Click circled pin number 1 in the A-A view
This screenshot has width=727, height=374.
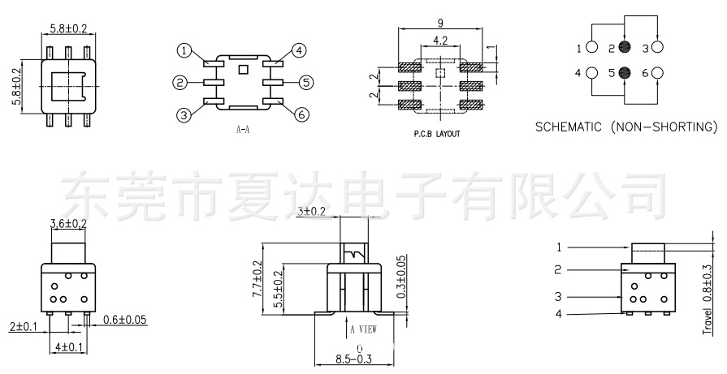(185, 51)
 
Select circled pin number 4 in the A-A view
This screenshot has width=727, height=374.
(300, 51)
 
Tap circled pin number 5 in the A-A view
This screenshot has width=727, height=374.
(305, 82)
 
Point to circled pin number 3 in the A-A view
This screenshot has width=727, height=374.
(185, 114)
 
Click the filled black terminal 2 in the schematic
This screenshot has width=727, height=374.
(624, 48)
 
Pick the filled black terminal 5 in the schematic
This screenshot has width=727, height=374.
(624, 73)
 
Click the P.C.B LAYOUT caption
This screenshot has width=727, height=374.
(436, 134)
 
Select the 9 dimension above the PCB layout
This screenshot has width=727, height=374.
(439, 24)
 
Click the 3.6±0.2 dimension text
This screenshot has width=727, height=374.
(69, 223)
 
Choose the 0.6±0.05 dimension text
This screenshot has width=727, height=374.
(125, 320)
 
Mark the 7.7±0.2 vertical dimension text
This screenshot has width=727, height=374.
(257, 278)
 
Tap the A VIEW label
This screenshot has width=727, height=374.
(361, 329)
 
